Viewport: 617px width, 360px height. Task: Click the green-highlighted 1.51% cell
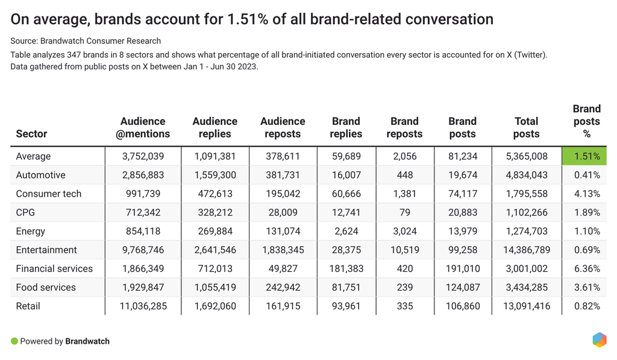584,156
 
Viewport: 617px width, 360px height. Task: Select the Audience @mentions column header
143,128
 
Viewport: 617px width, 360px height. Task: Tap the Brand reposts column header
404,128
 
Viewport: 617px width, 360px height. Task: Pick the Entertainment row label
46,250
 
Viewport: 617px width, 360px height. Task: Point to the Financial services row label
54,268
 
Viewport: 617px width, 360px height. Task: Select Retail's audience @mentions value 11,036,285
143,306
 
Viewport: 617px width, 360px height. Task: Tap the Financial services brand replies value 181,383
346,268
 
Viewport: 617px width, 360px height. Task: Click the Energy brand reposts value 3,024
404,231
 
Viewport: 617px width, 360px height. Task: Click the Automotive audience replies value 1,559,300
215,175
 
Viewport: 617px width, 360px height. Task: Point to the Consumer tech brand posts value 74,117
463,194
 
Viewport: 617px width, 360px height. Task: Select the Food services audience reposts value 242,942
283,287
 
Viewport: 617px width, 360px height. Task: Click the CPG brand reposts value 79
404,212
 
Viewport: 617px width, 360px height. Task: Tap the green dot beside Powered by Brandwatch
14,341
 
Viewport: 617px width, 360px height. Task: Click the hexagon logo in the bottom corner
599,339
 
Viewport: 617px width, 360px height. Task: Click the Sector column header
31,134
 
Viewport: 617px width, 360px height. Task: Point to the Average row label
33,156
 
